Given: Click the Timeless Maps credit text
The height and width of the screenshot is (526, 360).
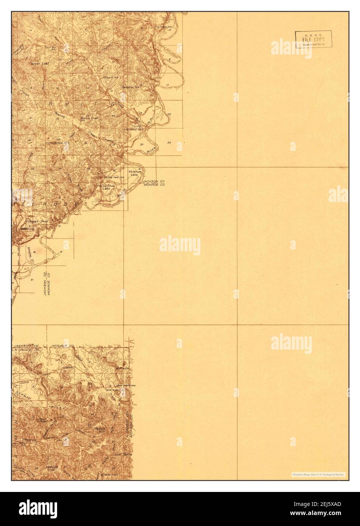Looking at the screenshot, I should click(x=318, y=474).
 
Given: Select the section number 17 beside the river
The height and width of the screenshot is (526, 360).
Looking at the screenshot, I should click(x=167, y=84).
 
